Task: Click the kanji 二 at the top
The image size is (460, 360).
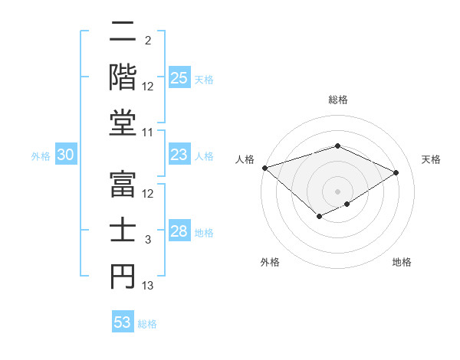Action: coord(123,33)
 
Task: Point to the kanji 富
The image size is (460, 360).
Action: coord(123,186)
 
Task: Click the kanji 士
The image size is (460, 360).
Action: coord(123,232)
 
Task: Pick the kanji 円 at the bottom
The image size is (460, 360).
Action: coord(123,278)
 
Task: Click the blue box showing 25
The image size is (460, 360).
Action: coord(179,78)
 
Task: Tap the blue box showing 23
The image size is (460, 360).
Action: coord(179,155)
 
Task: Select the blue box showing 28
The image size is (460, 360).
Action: coord(179,232)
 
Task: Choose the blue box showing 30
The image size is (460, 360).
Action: coord(65,155)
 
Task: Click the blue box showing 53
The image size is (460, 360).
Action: coord(123,322)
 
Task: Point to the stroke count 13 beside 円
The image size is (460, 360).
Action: coord(148,286)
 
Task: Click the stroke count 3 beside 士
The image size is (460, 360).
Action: coord(148,240)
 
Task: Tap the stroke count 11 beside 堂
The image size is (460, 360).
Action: coord(148,133)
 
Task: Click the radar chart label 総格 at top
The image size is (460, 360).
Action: coord(338,100)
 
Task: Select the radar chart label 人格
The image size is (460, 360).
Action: coord(245,159)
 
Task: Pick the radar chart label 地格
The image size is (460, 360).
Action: coord(402,262)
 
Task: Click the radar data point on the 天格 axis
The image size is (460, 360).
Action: coord(396,172)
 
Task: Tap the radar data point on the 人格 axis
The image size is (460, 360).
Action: coord(264,168)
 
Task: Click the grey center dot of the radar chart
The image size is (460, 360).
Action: coord(337,191)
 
